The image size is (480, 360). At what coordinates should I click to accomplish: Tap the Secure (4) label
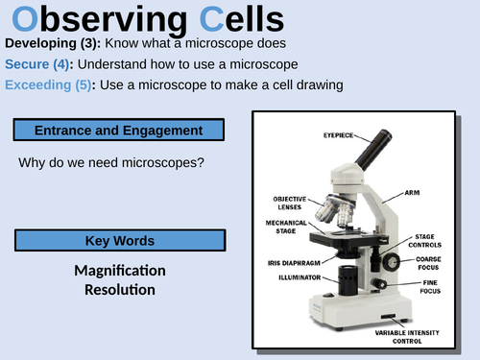click(x=40, y=64)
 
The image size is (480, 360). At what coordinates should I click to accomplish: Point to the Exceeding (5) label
click(x=49, y=84)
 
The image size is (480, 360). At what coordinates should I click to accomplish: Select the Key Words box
click(x=119, y=240)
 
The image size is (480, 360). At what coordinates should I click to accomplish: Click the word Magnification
click(x=120, y=270)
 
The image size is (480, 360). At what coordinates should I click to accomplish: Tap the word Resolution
click(x=120, y=289)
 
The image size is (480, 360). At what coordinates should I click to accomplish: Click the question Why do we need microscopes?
click(x=111, y=162)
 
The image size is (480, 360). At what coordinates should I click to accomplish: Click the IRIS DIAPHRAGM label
click(x=292, y=261)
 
